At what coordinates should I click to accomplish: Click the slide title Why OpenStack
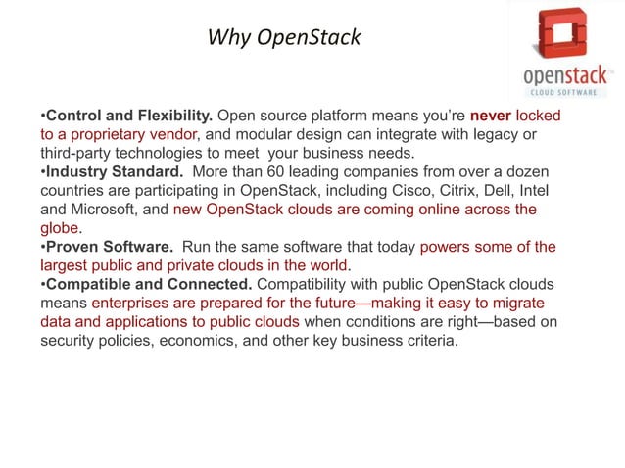coord(284,38)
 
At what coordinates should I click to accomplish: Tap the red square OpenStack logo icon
coord(566,34)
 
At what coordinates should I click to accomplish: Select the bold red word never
coord(491,116)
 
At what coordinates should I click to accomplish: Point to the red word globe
coord(60,227)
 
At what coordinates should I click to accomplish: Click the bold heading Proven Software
coord(109,246)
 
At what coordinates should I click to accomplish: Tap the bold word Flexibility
coord(168,116)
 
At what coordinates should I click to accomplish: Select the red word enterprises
coord(133,303)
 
